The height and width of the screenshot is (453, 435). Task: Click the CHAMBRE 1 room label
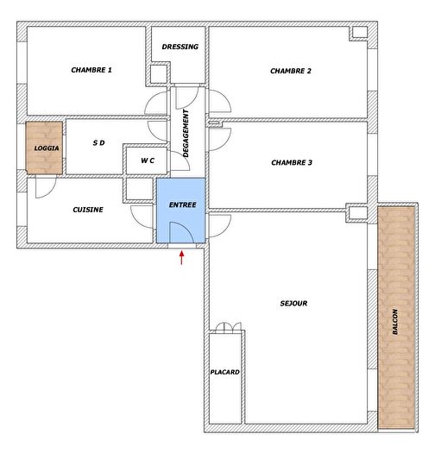click(x=91, y=71)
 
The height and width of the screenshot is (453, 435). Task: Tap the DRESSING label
click(x=180, y=47)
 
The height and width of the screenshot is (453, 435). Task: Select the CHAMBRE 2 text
click(x=291, y=71)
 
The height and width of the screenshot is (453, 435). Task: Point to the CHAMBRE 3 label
click(x=292, y=162)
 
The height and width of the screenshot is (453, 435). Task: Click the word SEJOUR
click(x=293, y=303)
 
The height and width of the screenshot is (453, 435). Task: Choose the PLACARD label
click(x=225, y=372)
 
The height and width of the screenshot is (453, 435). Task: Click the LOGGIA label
click(x=47, y=148)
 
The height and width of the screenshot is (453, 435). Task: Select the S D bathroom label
click(x=98, y=143)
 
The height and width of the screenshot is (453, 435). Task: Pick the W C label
click(x=147, y=160)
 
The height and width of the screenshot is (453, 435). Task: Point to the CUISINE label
click(x=88, y=210)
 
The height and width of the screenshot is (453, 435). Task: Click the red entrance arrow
click(x=181, y=258)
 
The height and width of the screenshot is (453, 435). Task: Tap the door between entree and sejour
click(x=218, y=226)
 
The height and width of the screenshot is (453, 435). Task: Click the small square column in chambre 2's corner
click(x=359, y=34)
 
